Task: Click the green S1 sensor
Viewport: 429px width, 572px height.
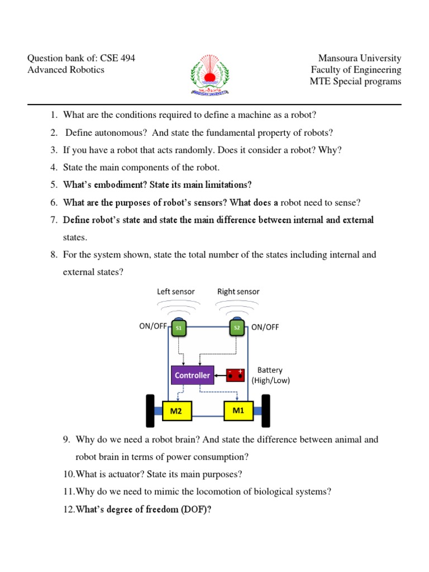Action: (x=179, y=328)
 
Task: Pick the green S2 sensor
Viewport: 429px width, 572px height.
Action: (x=237, y=328)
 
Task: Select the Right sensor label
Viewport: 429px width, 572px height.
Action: (x=239, y=292)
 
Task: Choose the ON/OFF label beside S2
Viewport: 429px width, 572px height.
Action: (x=265, y=327)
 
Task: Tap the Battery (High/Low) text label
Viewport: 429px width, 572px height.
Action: (x=270, y=375)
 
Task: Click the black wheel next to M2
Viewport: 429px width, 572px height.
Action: (x=150, y=409)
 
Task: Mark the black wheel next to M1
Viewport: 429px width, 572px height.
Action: (x=266, y=409)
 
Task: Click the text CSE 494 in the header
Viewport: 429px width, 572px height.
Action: (x=117, y=58)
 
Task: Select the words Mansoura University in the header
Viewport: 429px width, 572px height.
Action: (x=360, y=58)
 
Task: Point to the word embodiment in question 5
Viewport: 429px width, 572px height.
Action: (x=112, y=185)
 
